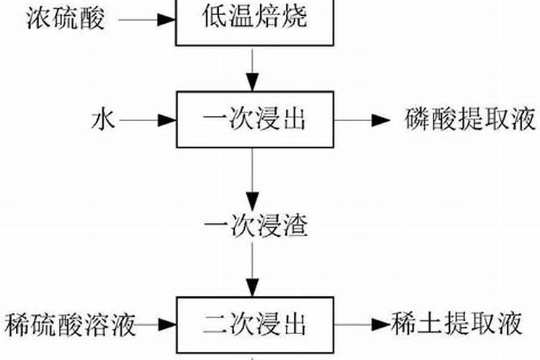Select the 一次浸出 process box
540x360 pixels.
pyautogui.click(x=255, y=120)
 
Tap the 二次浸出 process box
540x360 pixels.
pyautogui.click(x=255, y=325)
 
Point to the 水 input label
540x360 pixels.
pyautogui.click(x=102, y=120)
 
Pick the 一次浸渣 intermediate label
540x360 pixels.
pyautogui.click(x=256, y=226)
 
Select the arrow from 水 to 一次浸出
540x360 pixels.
pyautogui.click(x=148, y=120)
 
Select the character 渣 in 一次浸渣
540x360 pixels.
pyautogui.click(x=294, y=226)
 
